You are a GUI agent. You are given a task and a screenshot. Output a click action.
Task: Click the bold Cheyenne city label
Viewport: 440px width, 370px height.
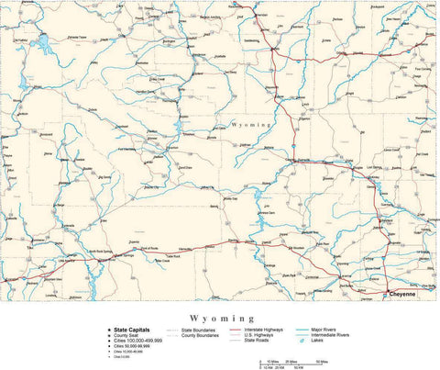(403, 294)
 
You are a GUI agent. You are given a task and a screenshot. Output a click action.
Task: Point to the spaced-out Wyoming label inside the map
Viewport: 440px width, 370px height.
(250, 122)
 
